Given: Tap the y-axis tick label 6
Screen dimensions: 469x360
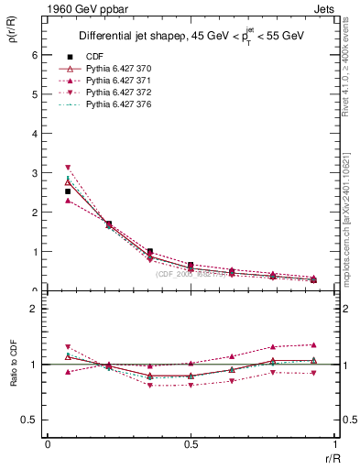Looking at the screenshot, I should pos(35,55).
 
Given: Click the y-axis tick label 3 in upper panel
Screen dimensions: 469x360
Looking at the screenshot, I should pos(35,173).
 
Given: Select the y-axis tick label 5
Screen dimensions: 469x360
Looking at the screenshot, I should pos(35,94).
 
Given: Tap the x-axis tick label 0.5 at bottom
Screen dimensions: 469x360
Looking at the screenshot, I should pos(191,444).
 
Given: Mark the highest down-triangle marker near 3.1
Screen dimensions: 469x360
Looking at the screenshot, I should pos(68,168).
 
